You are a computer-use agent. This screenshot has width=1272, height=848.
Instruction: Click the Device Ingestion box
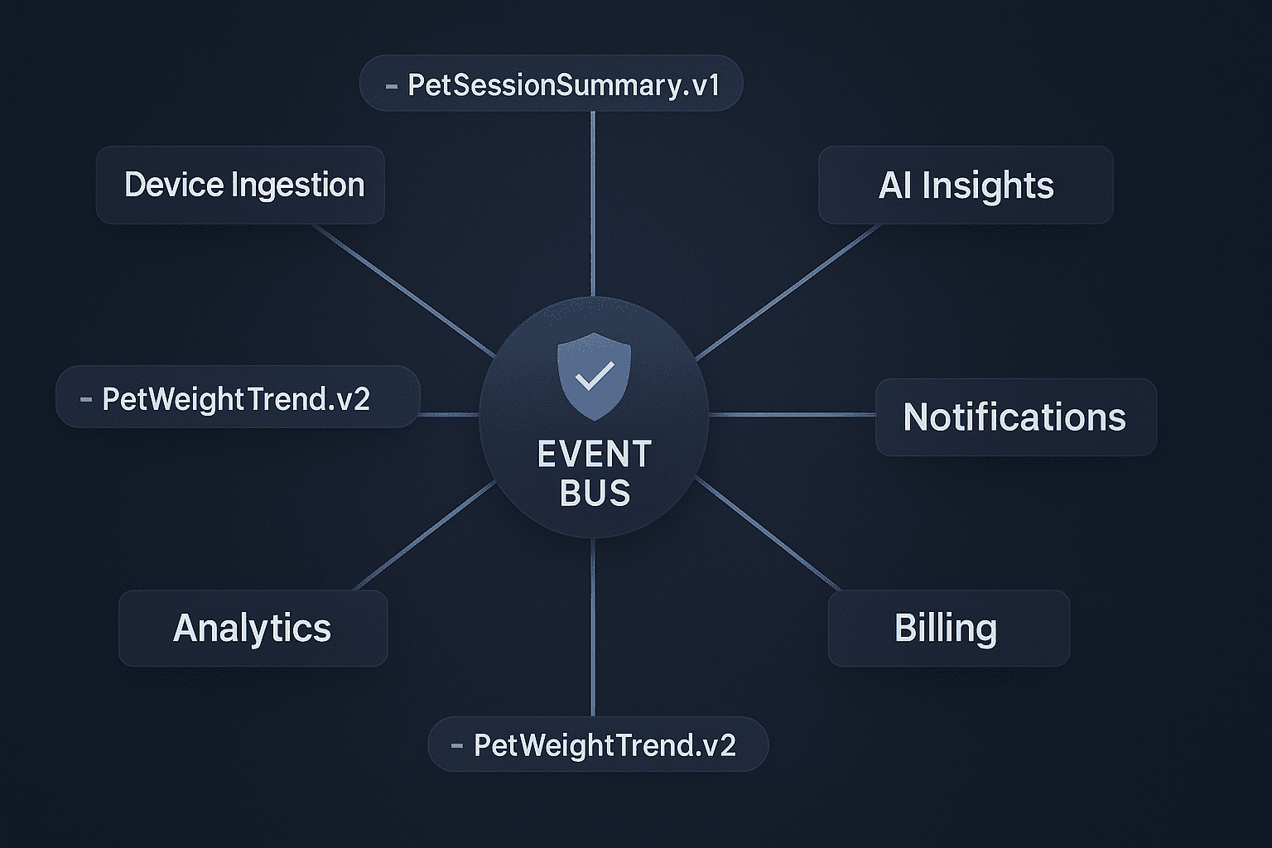click(x=240, y=185)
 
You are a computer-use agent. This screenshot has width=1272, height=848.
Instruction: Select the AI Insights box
click(x=966, y=185)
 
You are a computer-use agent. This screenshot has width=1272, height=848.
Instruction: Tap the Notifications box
click(x=1016, y=417)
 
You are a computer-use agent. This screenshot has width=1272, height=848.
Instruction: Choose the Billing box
click(x=949, y=628)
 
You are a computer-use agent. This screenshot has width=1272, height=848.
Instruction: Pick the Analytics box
click(x=253, y=628)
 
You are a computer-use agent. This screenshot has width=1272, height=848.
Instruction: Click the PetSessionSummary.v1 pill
click(x=551, y=83)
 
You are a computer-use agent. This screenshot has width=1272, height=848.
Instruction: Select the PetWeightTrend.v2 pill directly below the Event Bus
click(x=598, y=744)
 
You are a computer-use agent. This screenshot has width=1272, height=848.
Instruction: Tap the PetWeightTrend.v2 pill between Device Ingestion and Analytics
click(x=238, y=397)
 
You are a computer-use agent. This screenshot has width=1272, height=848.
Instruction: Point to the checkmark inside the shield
click(x=594, y=375)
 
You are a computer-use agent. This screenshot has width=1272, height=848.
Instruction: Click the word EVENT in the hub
click(x=594, y=455)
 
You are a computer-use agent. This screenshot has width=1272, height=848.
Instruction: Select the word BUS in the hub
click(x=595, y=493)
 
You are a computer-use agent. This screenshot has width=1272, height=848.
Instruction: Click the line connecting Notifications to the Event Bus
click(x=793, y=415)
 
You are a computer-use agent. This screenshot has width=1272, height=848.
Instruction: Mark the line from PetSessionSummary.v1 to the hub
click(x=593, y=204)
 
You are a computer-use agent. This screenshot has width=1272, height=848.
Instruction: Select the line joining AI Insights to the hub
click(x=788, y=292)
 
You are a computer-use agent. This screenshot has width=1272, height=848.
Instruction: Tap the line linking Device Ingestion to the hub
click(x=404, y=290)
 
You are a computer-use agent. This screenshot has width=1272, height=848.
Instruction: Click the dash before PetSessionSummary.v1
click(x=391, y=86)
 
